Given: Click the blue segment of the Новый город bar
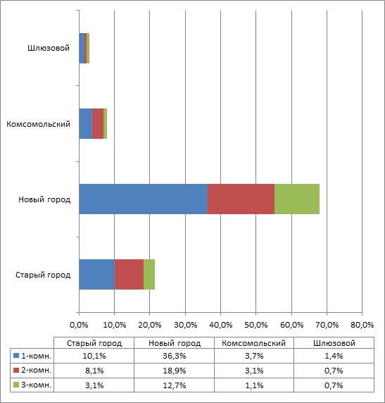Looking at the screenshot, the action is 144,199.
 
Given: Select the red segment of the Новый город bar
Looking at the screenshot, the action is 241,199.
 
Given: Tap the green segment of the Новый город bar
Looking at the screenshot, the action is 297,199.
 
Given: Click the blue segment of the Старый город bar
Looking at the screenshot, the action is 97,274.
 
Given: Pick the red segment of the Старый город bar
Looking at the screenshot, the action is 130,274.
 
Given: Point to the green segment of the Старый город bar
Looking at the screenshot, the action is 149,274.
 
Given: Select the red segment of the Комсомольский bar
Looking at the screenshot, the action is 98,123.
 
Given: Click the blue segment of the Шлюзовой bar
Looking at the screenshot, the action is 82,48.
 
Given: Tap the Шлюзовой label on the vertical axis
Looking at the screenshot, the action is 49,48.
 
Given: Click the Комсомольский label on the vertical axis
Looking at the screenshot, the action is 38,124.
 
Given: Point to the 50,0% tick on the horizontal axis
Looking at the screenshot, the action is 256,325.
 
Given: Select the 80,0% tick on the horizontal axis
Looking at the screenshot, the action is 362,325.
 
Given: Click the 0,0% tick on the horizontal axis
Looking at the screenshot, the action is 79,325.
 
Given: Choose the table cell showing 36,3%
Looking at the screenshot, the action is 174,356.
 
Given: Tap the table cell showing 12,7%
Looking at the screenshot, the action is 174,385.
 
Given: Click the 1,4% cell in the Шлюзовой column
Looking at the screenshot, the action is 334,356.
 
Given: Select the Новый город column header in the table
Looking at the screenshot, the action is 175,343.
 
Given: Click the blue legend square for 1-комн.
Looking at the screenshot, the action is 16,356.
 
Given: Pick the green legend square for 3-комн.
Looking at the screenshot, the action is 16,385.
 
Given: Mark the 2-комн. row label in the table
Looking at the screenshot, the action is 37,370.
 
